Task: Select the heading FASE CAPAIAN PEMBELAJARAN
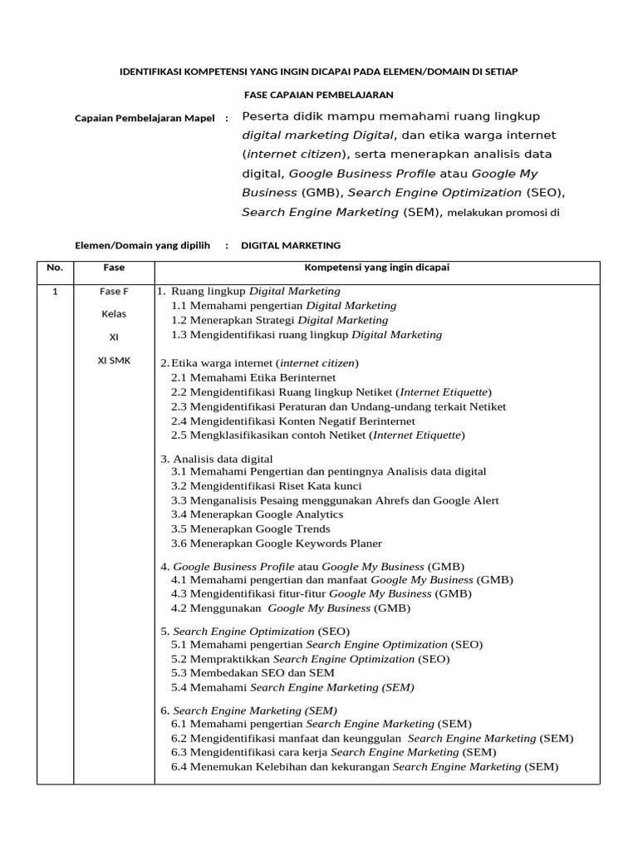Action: point(319,96)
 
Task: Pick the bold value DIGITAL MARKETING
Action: point(291,246)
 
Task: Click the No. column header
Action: point(55,268)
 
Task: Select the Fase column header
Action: point(114,268)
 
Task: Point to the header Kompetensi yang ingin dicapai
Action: point(377,268)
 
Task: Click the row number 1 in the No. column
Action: point(55,292)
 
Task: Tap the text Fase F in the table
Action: point(114,292)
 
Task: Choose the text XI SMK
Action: point(114,362)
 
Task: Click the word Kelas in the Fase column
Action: point(114,315)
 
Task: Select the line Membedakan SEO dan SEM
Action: point(263,672)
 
